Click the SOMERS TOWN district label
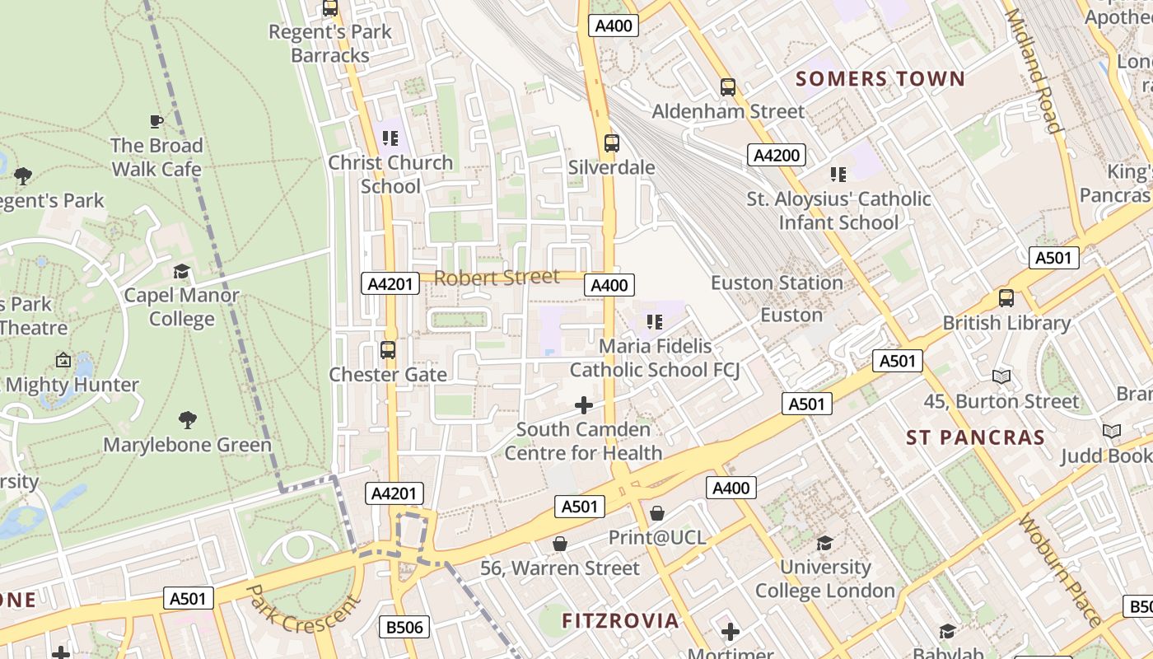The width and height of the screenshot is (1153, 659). tap(880, 79)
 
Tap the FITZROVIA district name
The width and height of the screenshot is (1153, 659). tap(621, 620)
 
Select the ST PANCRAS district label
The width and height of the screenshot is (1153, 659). tap(975, 437)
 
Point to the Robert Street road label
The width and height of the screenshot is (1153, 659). tap(497, 278)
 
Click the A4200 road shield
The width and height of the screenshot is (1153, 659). tap(776, 155)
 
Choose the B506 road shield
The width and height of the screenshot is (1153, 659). tap(405, 627)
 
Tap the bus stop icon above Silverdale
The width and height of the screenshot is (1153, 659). tap(611, 143)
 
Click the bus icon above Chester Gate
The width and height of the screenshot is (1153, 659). tap(388, 350)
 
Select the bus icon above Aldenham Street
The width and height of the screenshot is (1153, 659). tap(728, 87)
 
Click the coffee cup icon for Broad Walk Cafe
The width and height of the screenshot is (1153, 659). tap(156, 122)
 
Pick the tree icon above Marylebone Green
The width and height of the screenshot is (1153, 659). tap(188, 420)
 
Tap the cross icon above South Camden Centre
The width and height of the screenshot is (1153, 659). tap(584, 404)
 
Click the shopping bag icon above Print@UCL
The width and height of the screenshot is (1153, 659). tap(657, 513)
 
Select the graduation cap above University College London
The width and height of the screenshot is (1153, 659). tap(824, 542)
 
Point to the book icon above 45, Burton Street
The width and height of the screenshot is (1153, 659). tap(1001, 376)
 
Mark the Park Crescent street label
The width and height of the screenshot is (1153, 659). tap(303, 610)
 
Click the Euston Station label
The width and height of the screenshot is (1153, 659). tap(777, 283)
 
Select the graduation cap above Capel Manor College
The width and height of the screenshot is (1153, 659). tap(181, 271)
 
